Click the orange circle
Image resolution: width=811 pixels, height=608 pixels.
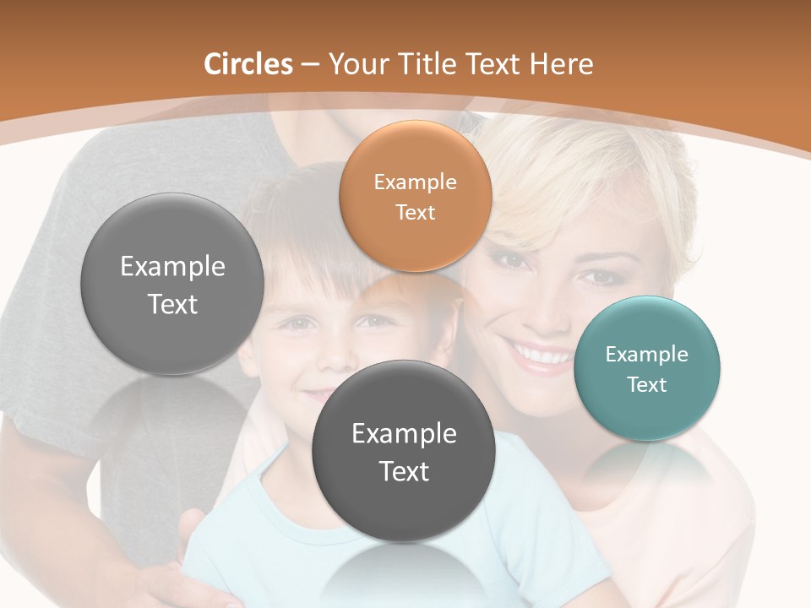tap(415, 196)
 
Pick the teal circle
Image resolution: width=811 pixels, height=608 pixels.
tap(647, 368)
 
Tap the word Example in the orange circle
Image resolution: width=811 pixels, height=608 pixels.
tap(415, 182)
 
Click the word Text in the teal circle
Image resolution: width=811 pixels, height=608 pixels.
tap(647, 384)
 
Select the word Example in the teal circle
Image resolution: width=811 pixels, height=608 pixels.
tap(647, 354)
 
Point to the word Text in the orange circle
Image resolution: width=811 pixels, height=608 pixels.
tap(415, 212)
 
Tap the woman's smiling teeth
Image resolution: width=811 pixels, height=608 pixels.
tap(541, 355)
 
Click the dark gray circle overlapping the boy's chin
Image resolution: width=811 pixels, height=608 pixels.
tap(403, 451)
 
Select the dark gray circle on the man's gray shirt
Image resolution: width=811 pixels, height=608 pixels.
tap(172, 284)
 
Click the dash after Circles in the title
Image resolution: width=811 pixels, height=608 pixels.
tap(310, 64)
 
